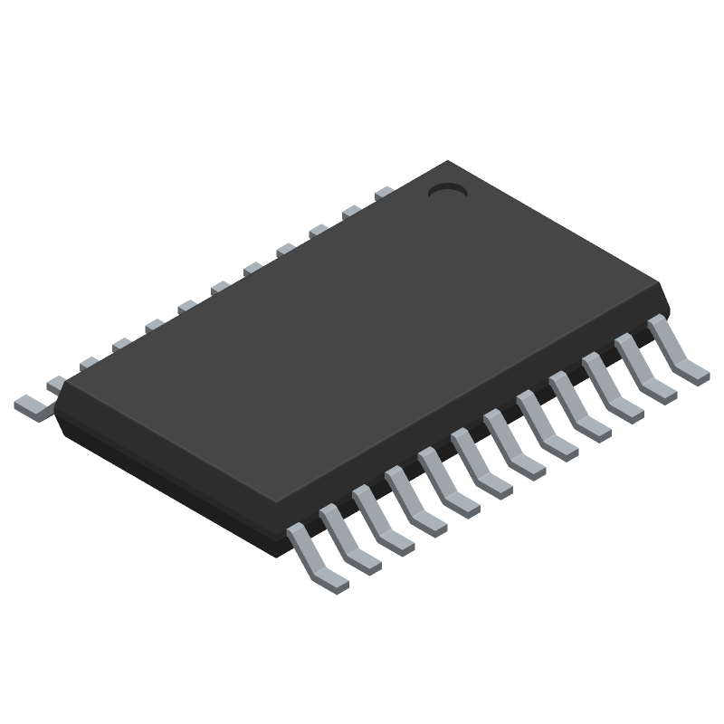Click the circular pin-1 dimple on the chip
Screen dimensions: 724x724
[445, 190]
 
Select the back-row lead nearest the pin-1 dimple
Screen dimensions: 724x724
[384, 193]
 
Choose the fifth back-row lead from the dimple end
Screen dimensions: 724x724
[252, 269]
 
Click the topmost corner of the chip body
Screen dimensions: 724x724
[447, 162]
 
